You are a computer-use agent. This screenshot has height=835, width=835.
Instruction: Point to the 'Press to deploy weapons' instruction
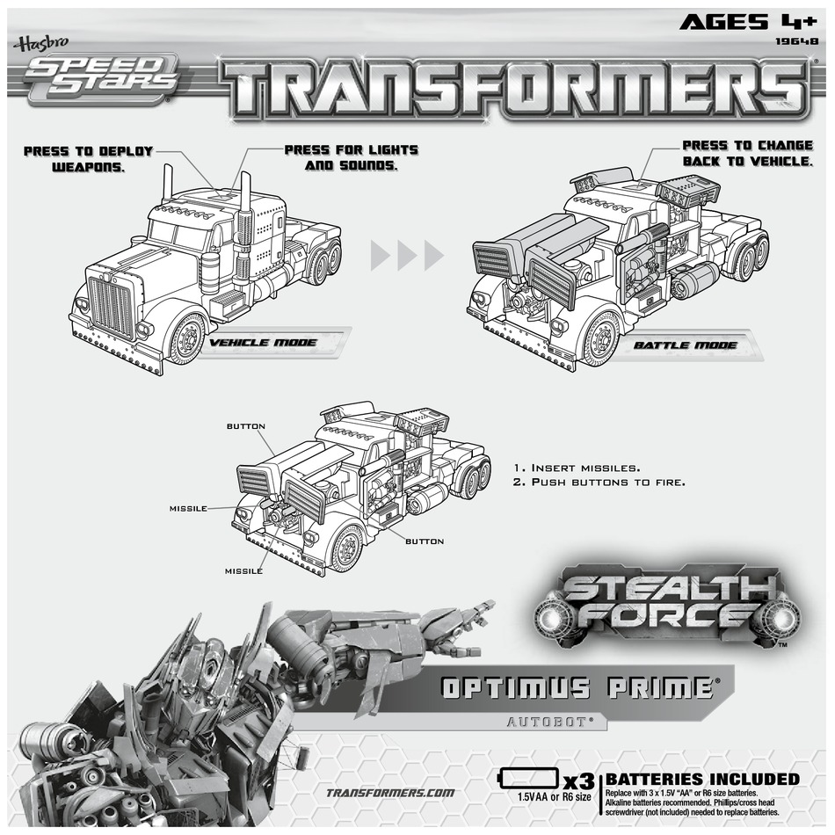[88, 158]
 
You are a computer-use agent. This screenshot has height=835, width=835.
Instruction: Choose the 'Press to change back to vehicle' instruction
[747, 153]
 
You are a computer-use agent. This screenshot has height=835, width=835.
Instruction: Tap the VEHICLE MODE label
[263, 342]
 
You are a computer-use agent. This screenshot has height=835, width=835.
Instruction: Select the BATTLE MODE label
[686, 345]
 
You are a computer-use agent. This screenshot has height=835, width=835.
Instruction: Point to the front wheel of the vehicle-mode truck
[186, 338]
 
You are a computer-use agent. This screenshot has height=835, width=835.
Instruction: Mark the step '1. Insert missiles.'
[576, 468]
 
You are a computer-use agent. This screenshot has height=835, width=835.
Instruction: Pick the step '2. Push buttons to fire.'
[597, 483]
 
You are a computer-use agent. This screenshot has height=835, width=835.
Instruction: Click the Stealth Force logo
[670, 601]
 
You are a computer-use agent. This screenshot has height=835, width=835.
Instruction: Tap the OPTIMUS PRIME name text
[577, 687]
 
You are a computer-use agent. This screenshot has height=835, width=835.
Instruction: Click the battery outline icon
[527, 779]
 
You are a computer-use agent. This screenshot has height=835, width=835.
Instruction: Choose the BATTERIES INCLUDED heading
[703, 779]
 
